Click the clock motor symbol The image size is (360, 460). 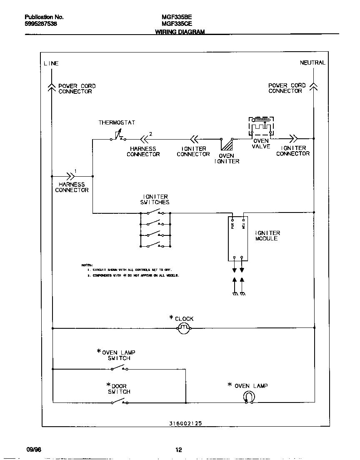(x=184, y=329)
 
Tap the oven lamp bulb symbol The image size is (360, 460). (x=248, y=398)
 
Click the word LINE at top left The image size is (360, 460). (x=51, y=63)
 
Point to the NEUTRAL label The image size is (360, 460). (x=312, y=62)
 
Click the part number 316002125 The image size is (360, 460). (x=185, y=423)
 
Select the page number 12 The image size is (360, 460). (x=178, y=450)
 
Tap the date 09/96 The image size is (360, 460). (x=33, y=450)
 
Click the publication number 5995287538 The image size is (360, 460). (x=41, y=24)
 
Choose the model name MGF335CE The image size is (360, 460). (x=177, y=24)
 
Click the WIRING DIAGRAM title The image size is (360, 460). (x=180, y=32)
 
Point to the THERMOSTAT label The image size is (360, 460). (x=117, y=122)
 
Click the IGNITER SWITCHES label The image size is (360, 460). (x=155, y=199)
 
